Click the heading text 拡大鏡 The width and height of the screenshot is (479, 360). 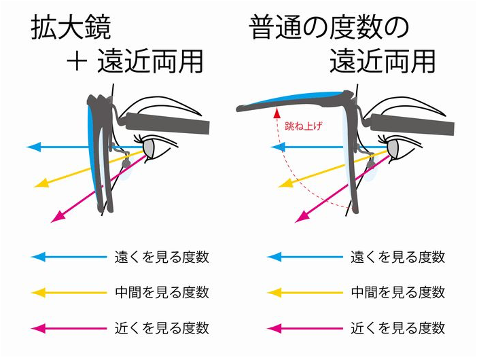pos(71,29)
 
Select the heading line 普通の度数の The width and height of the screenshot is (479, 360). pos(329,29)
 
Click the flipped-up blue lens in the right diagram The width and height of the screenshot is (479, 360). pos(299,100)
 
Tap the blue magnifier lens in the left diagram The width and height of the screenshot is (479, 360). pos(93,156)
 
